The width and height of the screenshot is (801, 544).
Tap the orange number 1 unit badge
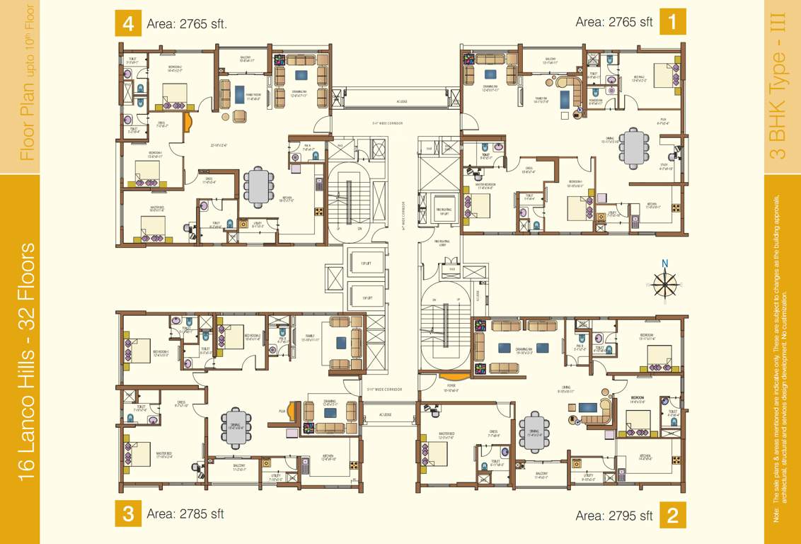672,21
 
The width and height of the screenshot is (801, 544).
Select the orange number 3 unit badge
128,514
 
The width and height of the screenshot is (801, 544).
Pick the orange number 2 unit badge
672,515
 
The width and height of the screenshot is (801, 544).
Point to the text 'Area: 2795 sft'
614,515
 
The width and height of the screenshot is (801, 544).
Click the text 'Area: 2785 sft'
185,514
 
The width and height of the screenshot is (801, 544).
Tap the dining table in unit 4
259,186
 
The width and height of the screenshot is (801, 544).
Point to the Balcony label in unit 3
239,465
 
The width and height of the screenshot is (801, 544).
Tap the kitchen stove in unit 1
675,208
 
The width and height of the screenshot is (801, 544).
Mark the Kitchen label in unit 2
645,456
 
